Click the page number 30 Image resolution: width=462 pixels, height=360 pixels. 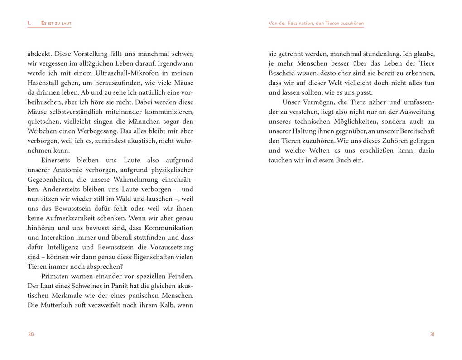(31, 334)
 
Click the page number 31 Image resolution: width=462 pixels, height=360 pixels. (432, 334)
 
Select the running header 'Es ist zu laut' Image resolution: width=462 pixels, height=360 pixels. (56, 23)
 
